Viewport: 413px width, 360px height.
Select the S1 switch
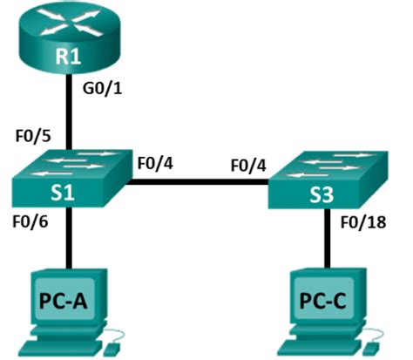70,179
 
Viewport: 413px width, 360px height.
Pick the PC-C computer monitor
322,300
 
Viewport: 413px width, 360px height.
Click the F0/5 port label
34,138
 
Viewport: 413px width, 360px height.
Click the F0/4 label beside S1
155,160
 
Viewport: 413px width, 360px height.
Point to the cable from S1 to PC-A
69,240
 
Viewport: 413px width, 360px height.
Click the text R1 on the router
68,58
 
